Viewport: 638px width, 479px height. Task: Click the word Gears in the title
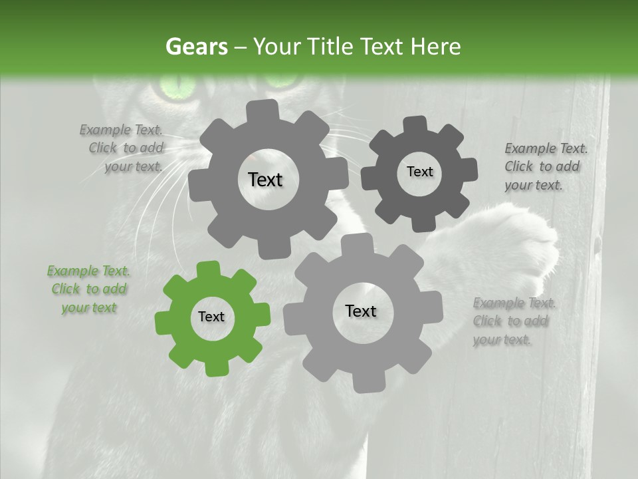coord(195,47)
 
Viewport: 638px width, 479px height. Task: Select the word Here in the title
coord(435,47)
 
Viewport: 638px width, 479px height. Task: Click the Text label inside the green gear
coord(211,317)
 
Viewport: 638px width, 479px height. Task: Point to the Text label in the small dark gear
coord(419,172)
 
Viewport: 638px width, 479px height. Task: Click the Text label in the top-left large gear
coord(265,180)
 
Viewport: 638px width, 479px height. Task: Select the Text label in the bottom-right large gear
coord(361,311)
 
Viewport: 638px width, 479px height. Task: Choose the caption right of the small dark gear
coord(546,166)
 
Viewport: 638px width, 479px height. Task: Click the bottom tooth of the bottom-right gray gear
coord(364,385)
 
